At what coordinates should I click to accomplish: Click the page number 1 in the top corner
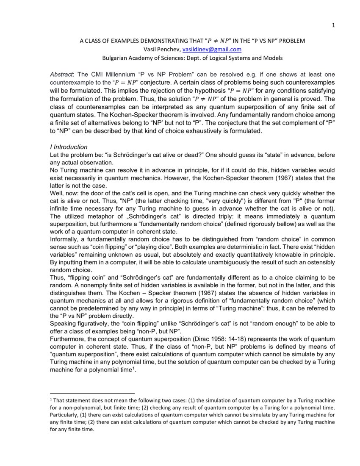pos(333,25)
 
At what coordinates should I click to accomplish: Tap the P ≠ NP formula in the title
pos(218,41)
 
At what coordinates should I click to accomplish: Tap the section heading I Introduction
pos(69,147)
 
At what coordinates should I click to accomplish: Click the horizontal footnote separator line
pos(92,393)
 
